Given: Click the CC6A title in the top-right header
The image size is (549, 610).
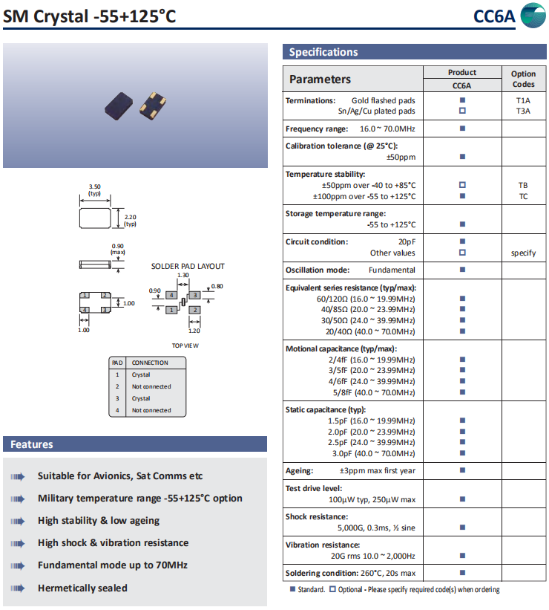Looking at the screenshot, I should point(493,16).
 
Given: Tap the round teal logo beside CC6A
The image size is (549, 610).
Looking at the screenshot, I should point(532,16).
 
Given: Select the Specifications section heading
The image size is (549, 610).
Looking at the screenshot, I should point(323,52).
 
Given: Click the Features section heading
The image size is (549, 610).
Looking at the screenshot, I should point(31,444).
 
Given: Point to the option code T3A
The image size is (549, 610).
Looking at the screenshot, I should point(523,111).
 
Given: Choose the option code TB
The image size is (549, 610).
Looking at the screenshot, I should point(523,185).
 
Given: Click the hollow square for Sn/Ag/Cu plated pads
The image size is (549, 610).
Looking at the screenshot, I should point(462,111).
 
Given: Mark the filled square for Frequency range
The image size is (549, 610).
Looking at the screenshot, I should point(462,129).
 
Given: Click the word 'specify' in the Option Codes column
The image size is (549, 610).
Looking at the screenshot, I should point(523,253).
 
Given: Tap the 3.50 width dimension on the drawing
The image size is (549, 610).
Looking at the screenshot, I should point(94,186).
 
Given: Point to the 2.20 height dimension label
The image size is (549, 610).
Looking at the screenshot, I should point(130,216).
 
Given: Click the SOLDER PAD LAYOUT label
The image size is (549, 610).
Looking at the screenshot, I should point(188,266).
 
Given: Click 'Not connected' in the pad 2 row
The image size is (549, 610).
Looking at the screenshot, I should point(151,386).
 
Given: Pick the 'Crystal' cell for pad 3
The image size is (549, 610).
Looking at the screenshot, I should point(141,398).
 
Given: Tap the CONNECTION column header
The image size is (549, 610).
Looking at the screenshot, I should point(150,363).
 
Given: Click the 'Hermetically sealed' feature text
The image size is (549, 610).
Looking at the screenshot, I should point(82,588).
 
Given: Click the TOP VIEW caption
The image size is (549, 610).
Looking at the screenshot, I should point(185,345).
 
